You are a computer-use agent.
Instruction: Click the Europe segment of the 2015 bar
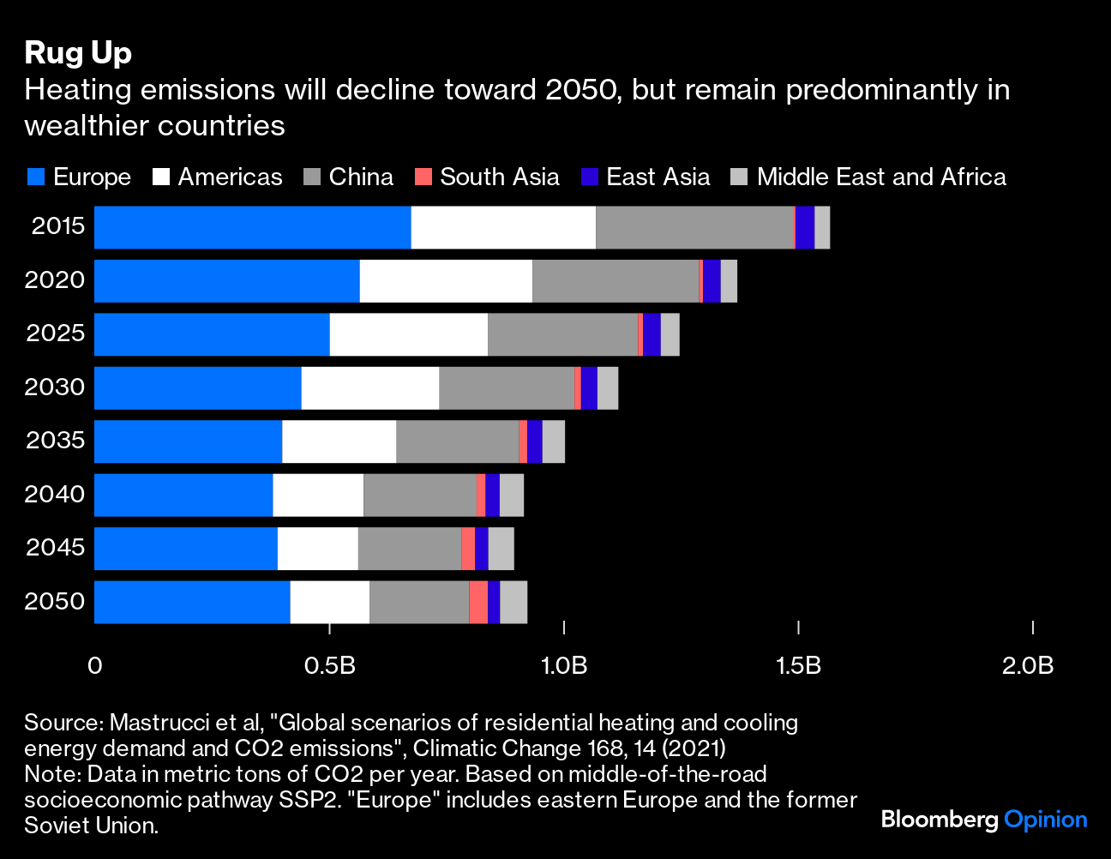pyautogui.click(x=252, y=227)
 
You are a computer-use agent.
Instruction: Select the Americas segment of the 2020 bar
pyautogui.click(x=446, y=281)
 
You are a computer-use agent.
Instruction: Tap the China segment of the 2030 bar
pyautogui.click(x=507, y=388)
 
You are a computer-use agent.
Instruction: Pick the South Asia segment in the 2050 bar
pyautogui.click(x=478, y=602)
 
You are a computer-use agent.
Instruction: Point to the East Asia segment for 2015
pyautogui.click(x=805, y=227)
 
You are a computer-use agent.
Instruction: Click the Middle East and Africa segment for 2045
pyautogui.click(x=501, y=549)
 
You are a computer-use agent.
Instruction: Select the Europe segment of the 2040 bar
pyautogui.click(x=183, y=495)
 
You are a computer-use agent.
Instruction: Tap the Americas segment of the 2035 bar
pyautogui.click(x=339, y=442)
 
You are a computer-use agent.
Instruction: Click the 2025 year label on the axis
pyautogui.click(x=56, y=333)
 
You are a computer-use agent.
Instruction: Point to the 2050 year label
pyautogui.click(x=55, y=601)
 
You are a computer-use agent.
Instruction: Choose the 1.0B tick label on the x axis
pyautogui.click(x=564, y=665)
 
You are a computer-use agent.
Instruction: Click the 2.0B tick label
pyautogui.click(x=1028, y=665)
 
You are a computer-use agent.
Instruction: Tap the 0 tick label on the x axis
pyautogui.click(x=94, y=665)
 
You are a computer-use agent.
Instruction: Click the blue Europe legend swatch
pyautogui.click(x=36, y=177)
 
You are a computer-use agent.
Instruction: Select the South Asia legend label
pyautogui.click(x=499, y=177)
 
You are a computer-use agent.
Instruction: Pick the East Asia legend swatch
pyautogui.click(x=590, y=177)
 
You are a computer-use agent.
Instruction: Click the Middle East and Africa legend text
pyautogui.click(x=881, y=177)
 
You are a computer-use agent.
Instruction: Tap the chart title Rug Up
pyautogui.click(x=78, y=53)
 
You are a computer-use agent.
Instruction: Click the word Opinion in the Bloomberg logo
pyautogui.click(x=1045, y=820)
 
